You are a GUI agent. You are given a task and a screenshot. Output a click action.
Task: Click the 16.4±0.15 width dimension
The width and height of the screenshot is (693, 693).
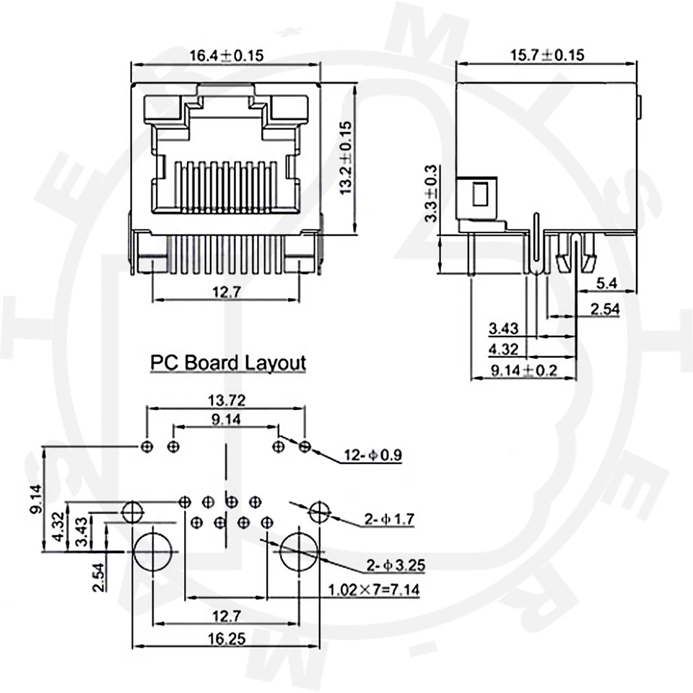click(225, 56)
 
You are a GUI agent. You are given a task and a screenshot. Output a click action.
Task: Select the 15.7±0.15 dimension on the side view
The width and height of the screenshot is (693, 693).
click(547, 56)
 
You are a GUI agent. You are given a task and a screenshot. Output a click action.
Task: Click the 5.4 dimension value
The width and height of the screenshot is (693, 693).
click(606, 284)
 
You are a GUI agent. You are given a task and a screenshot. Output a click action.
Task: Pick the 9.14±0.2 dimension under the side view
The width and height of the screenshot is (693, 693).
click(523, 370)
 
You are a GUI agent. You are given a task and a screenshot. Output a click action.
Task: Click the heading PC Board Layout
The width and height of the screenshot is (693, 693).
click(227, 362)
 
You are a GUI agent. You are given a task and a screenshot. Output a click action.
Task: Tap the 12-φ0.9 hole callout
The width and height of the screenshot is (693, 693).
click(372, 455)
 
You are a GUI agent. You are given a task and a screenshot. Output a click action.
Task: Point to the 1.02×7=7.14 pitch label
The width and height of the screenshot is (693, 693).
click(373, 590)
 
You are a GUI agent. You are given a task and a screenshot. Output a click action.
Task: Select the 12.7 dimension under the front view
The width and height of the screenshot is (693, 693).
click(226, 292)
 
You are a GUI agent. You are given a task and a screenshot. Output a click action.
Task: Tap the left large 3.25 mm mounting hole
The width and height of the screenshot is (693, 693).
click(153, 552)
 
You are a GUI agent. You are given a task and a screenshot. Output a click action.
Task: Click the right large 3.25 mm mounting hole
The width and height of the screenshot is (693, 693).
click(299, 552)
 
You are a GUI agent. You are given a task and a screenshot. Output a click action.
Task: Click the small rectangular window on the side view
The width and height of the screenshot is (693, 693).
click(479, 194)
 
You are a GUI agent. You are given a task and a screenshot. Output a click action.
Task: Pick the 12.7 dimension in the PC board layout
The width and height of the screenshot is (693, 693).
click(226, 615)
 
